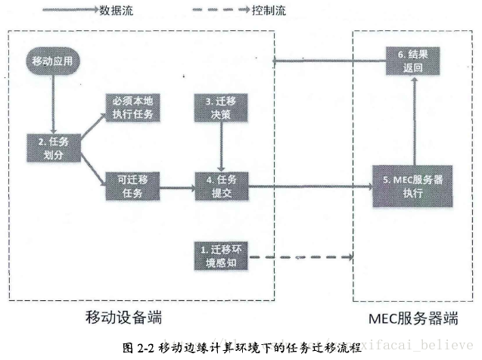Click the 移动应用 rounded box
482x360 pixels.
tap(52, 60)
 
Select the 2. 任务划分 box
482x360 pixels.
tap(53, 143)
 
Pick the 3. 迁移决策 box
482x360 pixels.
tap(219, 107)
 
